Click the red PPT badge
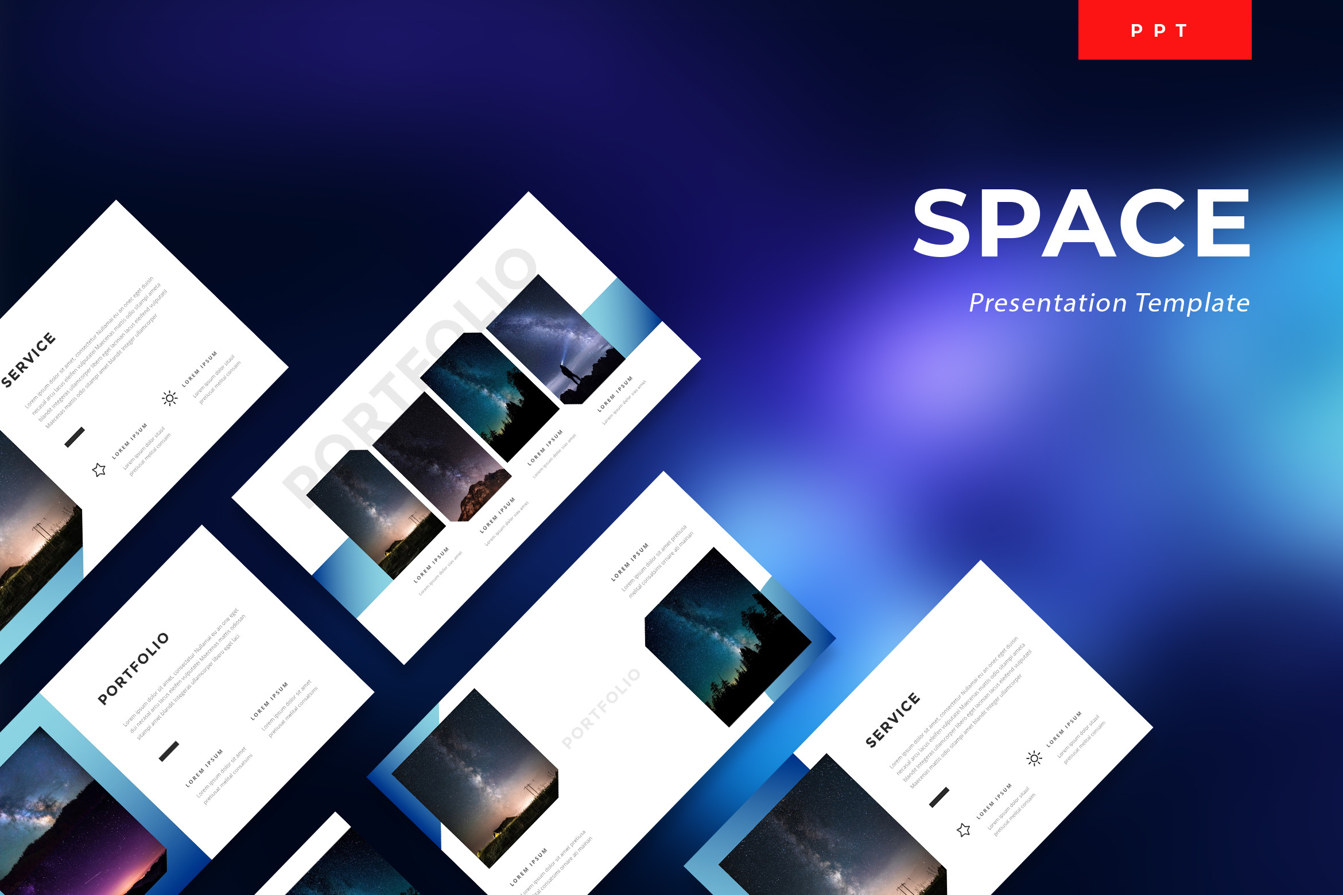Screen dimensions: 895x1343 (1165, 30)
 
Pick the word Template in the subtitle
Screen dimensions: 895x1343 (1192, 303)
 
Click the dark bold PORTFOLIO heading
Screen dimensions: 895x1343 (133, 668)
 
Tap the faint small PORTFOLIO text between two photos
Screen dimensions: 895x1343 (600, 709)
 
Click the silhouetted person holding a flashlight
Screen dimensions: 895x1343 (570, 376)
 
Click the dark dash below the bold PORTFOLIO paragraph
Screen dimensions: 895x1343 (169, 751)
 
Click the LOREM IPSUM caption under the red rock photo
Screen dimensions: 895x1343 (498, 515)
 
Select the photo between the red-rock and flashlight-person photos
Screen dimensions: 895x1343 (488, 396)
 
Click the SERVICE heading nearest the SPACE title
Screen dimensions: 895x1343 (892, 721)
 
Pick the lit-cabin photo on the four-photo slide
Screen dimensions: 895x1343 (376, 513)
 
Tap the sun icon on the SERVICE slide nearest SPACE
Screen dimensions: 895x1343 (1034, 758)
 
